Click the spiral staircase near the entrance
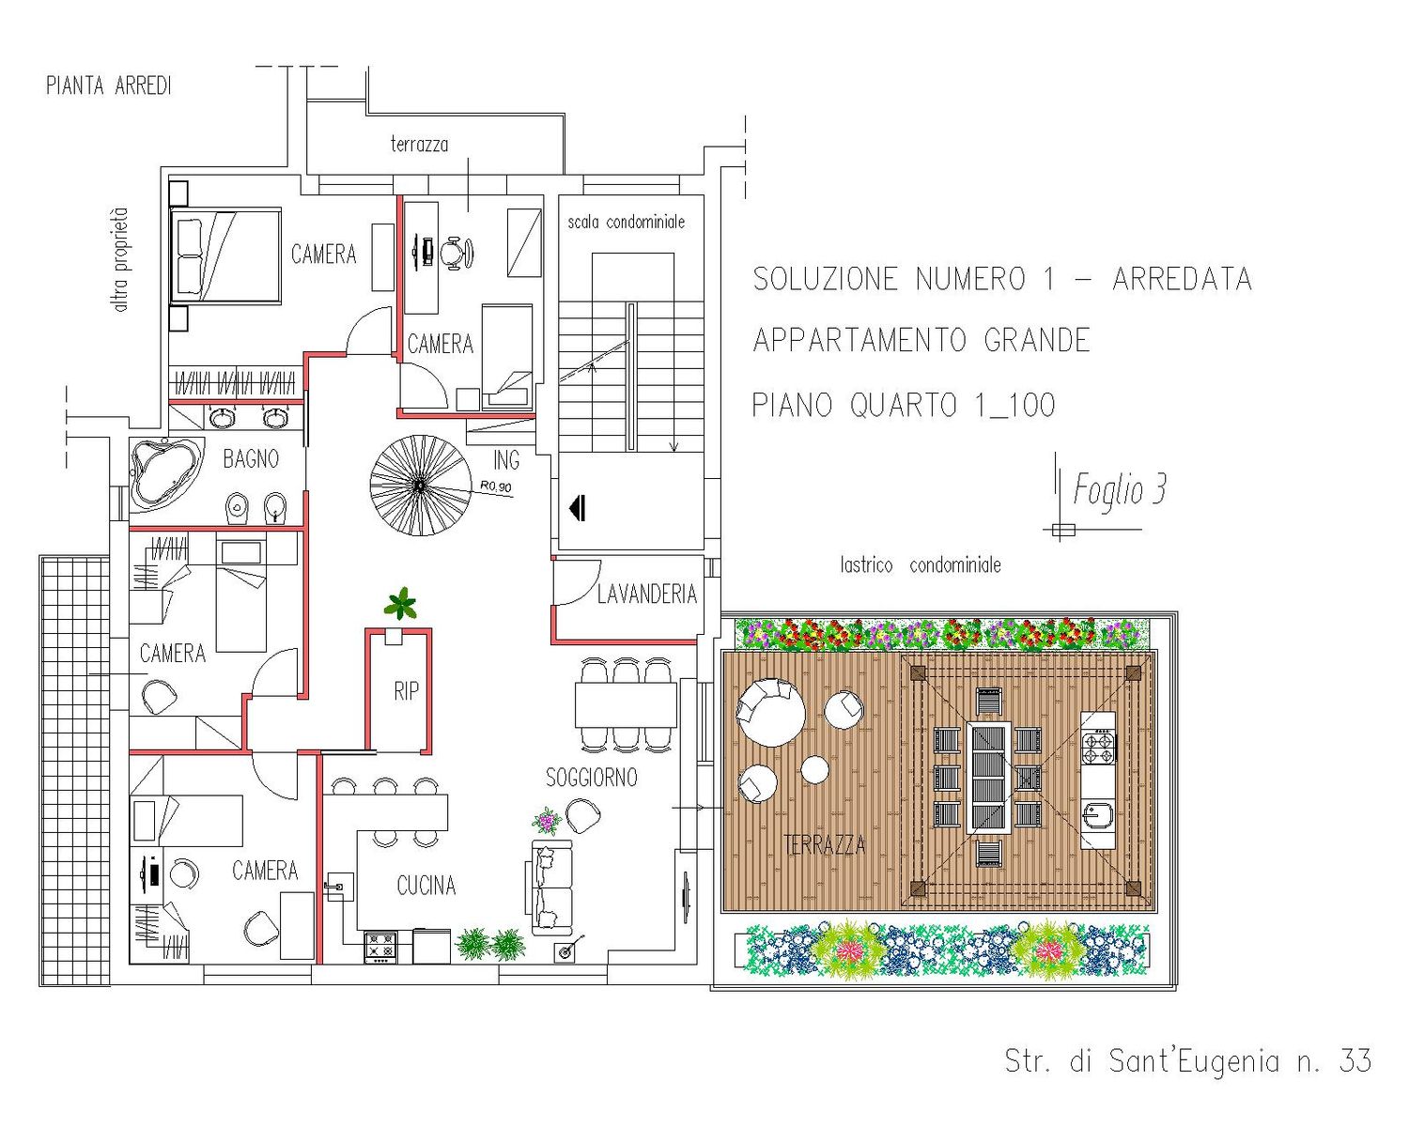(x=420, y=486)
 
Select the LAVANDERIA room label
(x=647, y=594)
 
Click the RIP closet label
(x=406, y=691)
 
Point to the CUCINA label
(x=426, y=886)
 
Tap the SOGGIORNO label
(x=592, y=778)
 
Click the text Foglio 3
(x=1119, y=490)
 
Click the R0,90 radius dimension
(x=496, y=486)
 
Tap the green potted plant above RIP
(x=400, y=604)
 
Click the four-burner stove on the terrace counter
(x=1098, y=749)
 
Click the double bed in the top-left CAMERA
(x=225, y=256)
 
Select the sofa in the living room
(x=550, y=888)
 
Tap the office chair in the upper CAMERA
(x=456, y=253)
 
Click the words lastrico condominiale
(x=921, y=565)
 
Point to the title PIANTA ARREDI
(x=109, y=85)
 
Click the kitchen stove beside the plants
(x=380, y=947)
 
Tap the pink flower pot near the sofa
(x=546, y=821)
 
